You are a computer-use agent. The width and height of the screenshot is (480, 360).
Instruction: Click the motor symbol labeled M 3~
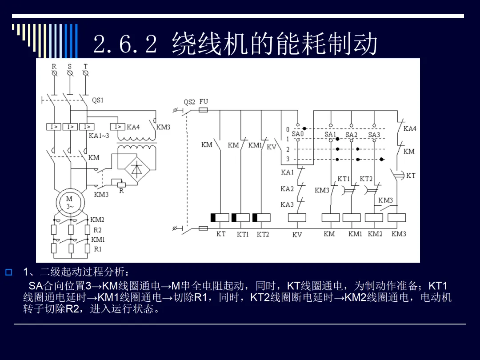pyautogui.click(x=70, y=203)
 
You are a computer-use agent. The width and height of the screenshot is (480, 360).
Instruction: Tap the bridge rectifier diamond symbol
pyautogui.click(x=137, y=169)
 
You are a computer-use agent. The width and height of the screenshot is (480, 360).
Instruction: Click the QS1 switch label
pyautogui.click(x=98, y=100)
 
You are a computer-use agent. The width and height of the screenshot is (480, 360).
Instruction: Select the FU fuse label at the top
pyautogui.click(x=204, y=101)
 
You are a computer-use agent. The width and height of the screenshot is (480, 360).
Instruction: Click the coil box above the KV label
pyautogui.click(x=297, y=218)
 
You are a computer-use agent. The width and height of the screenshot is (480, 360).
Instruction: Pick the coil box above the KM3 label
pyautogui.click(x=397, y=218)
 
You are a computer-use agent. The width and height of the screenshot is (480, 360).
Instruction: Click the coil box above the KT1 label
pyautogui.click(x=240, y=218)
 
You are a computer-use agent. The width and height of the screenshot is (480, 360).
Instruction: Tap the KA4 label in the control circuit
pyautogui.click(x=410, y=128)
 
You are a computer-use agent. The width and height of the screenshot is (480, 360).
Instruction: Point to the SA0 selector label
pyautogui.click(x=297, y=134)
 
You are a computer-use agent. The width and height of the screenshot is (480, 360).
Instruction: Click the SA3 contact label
pyautogui.click(x=374, y=135)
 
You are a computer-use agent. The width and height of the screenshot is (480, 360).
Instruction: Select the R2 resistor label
pyautogui.click(x=97, y=230)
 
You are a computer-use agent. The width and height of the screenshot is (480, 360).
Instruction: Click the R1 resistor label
pyautogui.click(x=98, y=249)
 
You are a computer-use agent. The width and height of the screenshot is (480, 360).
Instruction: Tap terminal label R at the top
pyautogui.click(x=54, y=66)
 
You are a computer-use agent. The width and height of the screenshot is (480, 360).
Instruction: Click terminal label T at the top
pyautogui.click(x=86, y=66)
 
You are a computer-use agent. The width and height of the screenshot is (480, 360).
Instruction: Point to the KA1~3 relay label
pyautogui.click(x=99, y=136)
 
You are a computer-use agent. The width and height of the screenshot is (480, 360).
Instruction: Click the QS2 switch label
pyautogui.click(x=189, y=102)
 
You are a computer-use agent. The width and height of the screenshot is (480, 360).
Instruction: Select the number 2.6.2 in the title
pyautogui.click(x=125, y=44)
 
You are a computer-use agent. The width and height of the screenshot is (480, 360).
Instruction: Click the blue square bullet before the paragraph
pyautogui.click(x=9, y=272)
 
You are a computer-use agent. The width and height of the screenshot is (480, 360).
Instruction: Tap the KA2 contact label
pyautogui.click(x=287, y=189)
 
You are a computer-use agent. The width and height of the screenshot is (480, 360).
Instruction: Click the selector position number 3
pyautogui.click(x=288, y=159)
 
